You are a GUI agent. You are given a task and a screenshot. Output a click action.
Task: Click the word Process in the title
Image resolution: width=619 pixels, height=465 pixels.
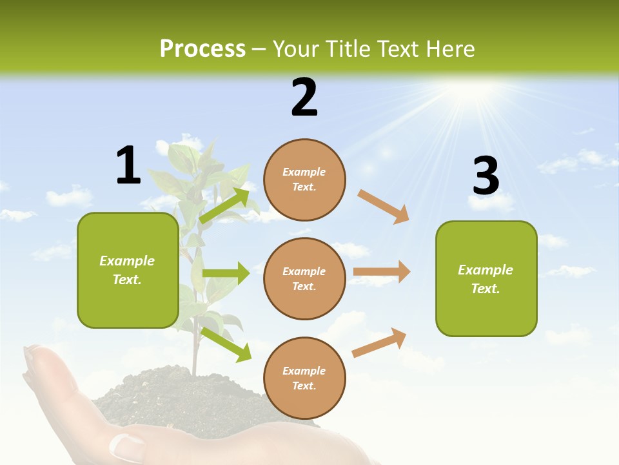point(202,49)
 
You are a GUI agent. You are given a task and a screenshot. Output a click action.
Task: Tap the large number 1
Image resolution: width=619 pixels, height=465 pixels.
point(128,165)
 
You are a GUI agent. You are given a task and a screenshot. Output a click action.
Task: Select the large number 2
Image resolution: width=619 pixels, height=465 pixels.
point(304,98)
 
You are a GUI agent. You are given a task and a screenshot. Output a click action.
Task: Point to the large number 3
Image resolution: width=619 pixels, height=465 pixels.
point(486,176)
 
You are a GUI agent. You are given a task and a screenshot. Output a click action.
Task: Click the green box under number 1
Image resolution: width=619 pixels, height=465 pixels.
point(128,270)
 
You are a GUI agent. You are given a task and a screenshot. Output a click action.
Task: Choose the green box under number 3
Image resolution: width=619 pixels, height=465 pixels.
point(486,278)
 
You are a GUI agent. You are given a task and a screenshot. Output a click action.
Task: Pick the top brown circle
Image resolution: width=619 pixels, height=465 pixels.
point(304,180)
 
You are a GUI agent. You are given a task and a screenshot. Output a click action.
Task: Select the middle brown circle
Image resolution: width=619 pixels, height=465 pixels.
point(304,278)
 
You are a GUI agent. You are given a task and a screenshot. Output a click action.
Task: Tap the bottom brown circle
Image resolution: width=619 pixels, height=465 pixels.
point(304,378)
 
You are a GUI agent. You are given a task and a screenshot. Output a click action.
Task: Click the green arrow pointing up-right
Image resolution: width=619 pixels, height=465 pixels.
point(224,205)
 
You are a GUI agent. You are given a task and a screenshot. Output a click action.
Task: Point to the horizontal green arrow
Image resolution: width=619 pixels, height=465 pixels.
point(226,273)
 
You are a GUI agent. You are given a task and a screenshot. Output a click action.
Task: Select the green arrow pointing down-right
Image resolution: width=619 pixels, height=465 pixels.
point(226,344)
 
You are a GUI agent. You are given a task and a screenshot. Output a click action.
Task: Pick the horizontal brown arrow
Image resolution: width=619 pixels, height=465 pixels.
point(382,272)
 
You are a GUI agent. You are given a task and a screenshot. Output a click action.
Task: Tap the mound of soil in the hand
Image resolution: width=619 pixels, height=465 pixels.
point(155,394)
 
